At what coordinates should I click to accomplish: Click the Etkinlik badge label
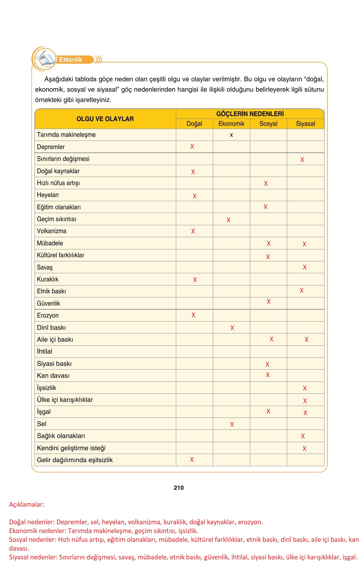(x=71, y=60)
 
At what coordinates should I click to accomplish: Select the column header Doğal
(x=194, y=124)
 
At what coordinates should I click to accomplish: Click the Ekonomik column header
(x=231, y=124)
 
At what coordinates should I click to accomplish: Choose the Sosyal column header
(x=268, y=124)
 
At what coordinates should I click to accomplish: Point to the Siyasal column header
(x=305, y=124)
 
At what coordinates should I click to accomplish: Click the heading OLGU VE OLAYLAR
(x=105, y=119)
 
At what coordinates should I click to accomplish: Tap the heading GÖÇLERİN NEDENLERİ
(x=250, y=114)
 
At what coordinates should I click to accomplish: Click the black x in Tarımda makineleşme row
(x=231, y=135)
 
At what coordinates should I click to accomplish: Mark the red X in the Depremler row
(x=192, y=147)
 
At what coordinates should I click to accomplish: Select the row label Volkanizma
(x=51, y=231)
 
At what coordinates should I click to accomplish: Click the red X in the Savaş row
(x=304, y=267)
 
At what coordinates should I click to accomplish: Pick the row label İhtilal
(x=45, y=351)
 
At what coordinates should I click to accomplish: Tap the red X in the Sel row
(x=232, y=424)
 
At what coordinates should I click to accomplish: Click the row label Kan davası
(x=53, y=376)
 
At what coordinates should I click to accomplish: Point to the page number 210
(x=179, y=488)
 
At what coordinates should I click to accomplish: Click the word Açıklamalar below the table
(x=27, y=504)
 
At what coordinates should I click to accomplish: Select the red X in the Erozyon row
(x=193, y=315)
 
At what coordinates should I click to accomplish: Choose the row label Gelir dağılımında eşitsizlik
(x=75, y=460)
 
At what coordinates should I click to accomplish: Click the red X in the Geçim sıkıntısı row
(x=229, y=220)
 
